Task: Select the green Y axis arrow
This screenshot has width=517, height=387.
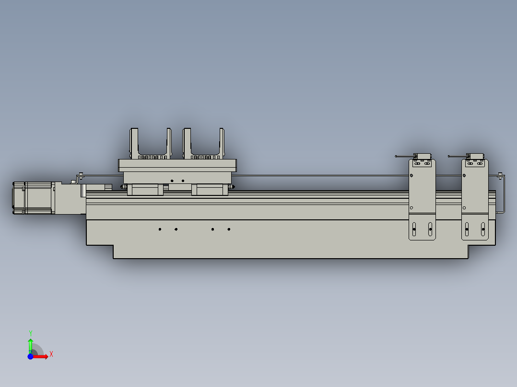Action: coord(30,344)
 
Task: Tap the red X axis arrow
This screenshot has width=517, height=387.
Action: coord(42,356)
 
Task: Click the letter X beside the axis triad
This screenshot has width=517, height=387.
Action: coord(51,354)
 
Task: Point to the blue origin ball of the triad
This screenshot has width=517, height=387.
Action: coord(30,356)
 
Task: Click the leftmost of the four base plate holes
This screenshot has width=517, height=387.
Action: coord(160,229)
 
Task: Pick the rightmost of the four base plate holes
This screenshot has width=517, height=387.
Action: coord(229,229)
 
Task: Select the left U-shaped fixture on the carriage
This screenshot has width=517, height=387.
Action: coord(151,144)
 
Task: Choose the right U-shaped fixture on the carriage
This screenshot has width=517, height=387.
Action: coord(203,144)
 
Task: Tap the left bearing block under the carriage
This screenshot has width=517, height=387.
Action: coord(145,190)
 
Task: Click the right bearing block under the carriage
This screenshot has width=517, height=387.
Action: coord(210,190)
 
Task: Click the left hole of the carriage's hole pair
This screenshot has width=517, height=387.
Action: coord(172,181)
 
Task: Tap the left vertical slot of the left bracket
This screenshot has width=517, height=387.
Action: coord(414,230)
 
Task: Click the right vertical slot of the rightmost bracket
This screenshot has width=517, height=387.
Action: coord(483,230)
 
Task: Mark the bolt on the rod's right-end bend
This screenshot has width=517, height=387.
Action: coord(500,176)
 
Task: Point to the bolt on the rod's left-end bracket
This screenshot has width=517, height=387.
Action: coord(81,174)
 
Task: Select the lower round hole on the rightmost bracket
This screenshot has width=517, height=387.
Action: coord(464,207)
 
